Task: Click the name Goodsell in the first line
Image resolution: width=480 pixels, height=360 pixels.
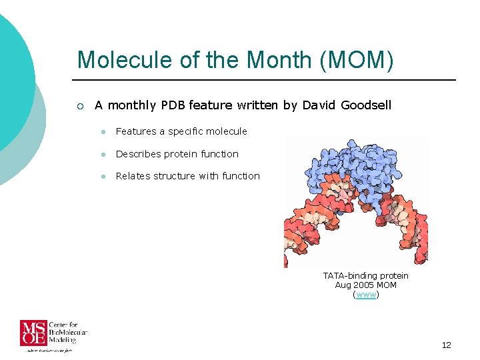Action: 366,105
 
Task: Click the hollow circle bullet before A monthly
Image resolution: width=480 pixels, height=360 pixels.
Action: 80,105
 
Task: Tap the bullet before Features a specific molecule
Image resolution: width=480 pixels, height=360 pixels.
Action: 103,132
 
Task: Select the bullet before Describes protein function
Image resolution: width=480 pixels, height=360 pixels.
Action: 103,155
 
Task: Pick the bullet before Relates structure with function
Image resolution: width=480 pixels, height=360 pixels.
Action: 103,177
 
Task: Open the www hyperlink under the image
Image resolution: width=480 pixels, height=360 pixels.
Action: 365,294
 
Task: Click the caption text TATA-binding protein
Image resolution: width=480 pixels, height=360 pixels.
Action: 365,275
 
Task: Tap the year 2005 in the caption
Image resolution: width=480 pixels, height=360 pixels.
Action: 363,285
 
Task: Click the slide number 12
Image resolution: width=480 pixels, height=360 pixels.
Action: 446,345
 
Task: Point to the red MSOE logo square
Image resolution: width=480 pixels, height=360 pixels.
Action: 32,333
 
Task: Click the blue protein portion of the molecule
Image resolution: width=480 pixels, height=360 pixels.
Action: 353,167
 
